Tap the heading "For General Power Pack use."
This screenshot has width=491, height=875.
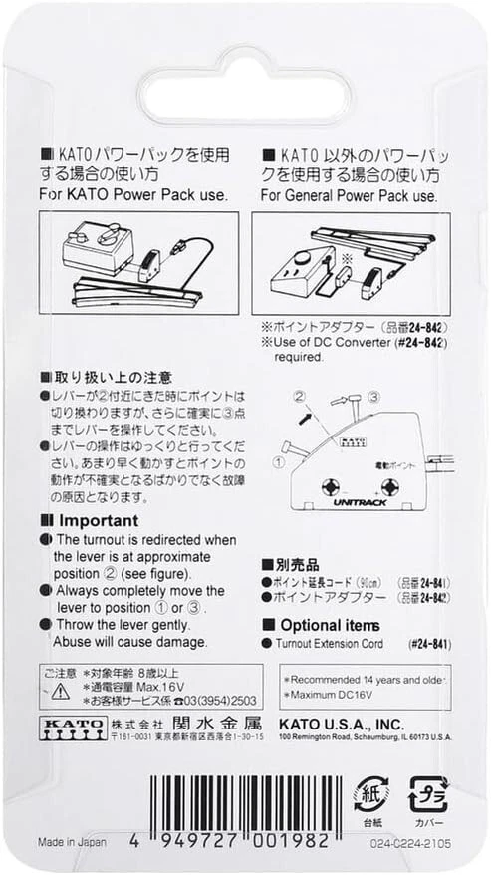click(x=350, y=196)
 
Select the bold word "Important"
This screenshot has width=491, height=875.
click(x=99, y=520)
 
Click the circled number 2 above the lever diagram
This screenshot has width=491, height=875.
click(x=298, y=396)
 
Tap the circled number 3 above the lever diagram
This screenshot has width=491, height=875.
click(x=373, y=398)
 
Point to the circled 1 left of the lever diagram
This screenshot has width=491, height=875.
click(x=280, y=461)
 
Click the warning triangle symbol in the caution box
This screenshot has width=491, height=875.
click(x=61, y=688)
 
